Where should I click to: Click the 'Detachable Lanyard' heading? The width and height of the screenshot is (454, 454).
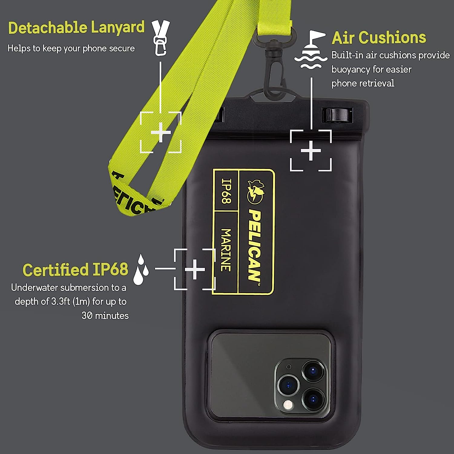click(x=76, y=28)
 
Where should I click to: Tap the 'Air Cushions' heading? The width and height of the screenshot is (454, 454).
click(x=379, y=38)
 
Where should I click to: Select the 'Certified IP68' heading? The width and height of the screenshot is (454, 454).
click(x=75, y=270)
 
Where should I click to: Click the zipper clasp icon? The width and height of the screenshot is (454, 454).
click(x=161, y=38)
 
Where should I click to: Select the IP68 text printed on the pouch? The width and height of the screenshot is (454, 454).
click(x=226, y=191)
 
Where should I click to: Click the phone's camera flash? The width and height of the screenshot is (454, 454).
click(x=288, y=405)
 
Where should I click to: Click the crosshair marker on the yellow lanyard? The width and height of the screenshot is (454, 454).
click(x=161, y=132)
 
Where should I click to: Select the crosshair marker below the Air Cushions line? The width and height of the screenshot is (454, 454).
click(x=311, y=150)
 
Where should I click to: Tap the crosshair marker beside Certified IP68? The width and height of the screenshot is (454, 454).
click(x=195, y=269)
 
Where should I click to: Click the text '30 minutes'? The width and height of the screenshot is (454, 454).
click(x=105, y=316)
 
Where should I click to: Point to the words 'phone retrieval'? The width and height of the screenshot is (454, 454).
click(x=363, y=83)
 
